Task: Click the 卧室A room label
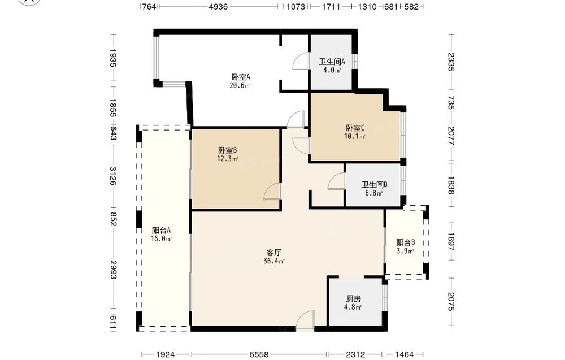pos(241,77)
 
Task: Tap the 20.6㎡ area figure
pos(240,86)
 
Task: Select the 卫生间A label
pos(332,62)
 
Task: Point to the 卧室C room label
pos(355,128)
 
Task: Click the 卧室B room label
pos(227,150)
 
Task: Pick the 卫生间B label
pos(375,185)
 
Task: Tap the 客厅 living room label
pos(274,252)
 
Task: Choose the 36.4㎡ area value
pos(274,261)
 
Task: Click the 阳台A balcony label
pos(161,230)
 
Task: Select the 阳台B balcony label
pos(405,242)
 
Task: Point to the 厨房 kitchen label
pos(354,299)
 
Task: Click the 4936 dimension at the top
pos(218,6)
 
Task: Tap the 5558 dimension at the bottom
pos(259,354)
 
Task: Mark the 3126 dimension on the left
pos(113,176)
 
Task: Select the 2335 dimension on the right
pos(451,62)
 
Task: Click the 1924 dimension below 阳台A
pos(166,354)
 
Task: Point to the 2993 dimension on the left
pos(113,270)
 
